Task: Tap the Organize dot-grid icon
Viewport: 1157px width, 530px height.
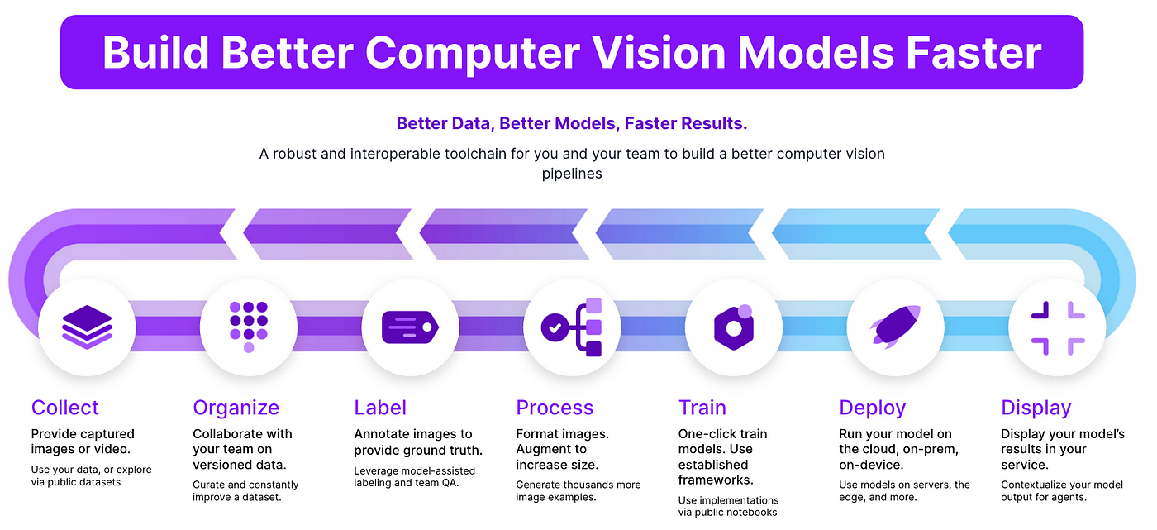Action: click(x=249, y=327)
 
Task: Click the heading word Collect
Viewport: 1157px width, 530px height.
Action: click(x=64, y=408)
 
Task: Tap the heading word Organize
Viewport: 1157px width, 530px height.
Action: click(x=236, y=408)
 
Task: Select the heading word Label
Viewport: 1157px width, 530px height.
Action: click(x=380, y=408)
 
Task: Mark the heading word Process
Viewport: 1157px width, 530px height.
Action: click(x=555, y=408)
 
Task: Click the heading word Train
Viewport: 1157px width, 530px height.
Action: click(x=702, y=408)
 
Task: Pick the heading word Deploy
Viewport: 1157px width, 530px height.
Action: click(x=872, y=408)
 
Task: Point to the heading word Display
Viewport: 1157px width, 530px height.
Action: click(x=1036, y=408)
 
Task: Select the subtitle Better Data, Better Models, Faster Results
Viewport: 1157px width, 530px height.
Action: click(x=572, y=124)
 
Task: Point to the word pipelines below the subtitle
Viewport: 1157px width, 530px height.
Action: click(x=572, y=174)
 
